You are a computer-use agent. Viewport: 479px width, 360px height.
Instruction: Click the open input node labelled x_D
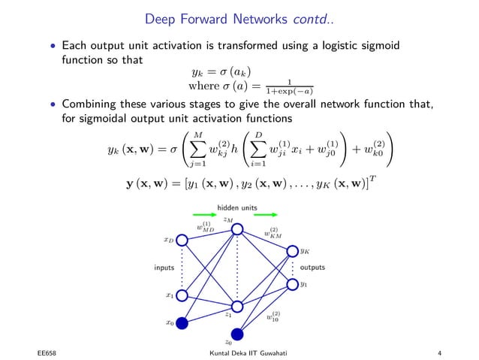point(181,241)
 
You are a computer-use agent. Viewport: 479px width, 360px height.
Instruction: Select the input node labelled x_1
point(181,296)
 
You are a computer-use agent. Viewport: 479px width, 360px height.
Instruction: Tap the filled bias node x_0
point(181,324)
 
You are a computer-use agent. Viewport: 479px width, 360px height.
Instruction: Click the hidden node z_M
point(238,231)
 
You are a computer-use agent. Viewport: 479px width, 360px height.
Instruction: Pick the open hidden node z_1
point(238,307)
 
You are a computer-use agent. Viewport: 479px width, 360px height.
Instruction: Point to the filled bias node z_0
point(238,334)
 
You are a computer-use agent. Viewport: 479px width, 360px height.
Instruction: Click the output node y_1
point(292,286)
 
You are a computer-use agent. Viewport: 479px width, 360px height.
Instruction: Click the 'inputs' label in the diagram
point(163,268)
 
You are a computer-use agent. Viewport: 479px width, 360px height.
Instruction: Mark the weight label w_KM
point(271,233)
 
